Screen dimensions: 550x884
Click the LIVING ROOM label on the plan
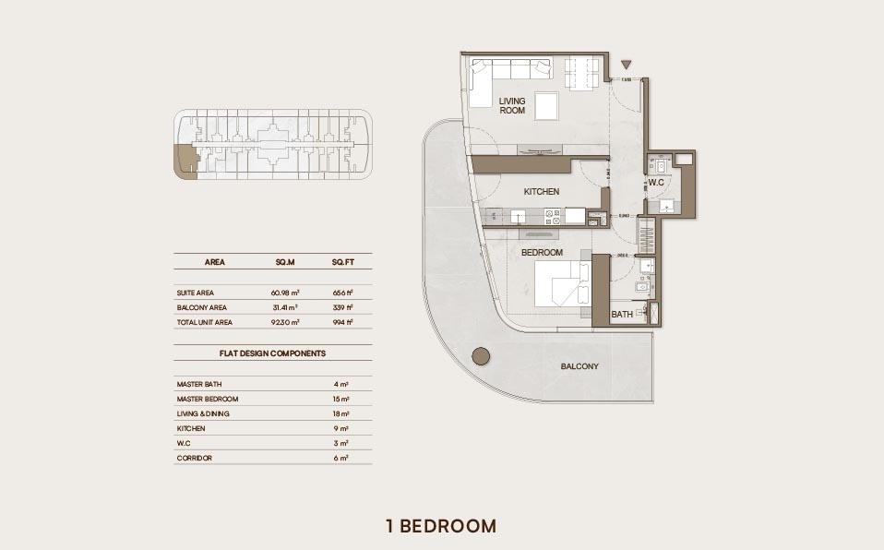[512, 105]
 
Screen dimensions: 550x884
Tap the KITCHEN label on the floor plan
[542, 192]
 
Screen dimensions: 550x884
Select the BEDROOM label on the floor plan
[542, 252]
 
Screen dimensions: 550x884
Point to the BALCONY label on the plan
[579, 366]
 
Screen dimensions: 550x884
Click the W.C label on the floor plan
[656, 183]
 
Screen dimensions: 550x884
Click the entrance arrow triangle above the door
[627, 65]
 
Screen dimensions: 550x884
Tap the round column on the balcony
[480, 356]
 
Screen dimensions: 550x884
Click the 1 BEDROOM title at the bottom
[441, 526]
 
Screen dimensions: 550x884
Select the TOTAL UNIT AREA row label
[205, 322]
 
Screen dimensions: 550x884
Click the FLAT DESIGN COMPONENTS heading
[272, 353]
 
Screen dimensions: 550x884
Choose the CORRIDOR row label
[195, 458]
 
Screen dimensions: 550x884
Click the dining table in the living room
[581, 74]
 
